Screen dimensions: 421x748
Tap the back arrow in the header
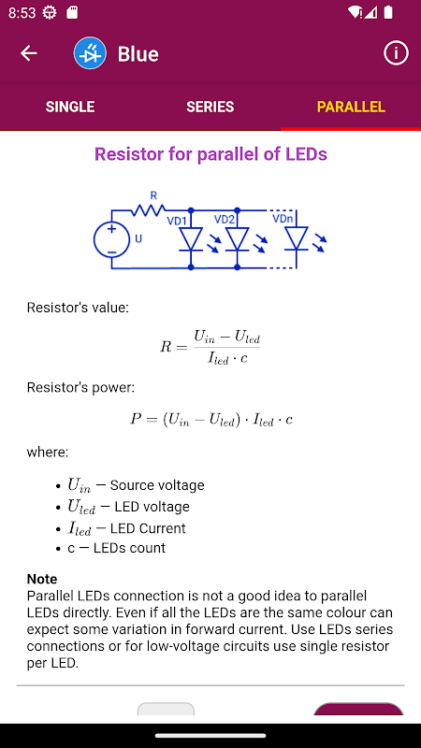pos(29,53)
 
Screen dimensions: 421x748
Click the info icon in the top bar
pos(396,53)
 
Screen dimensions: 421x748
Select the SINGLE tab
pos(70,107)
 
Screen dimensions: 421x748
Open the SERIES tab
pos(210,107)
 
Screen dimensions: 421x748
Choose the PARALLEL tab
pos(351,107)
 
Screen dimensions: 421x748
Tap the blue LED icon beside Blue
pos(90,53)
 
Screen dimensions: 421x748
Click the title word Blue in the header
pos(138,54)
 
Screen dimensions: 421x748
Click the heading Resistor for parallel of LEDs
pos(210,154)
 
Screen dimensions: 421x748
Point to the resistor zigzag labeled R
pos(149,209)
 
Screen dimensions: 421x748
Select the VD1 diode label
pos(176,222)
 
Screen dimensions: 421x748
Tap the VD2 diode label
pos(224,220)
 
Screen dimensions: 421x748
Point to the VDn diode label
pos(283,219)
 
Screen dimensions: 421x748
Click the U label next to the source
pos(138,238)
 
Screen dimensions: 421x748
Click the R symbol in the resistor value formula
pos(166,347)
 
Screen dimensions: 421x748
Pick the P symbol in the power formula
pos(136,419)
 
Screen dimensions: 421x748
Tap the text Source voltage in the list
pos(157,485)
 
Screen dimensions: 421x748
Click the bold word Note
pos(42,579)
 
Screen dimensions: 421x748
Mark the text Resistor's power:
pos(80,387)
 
